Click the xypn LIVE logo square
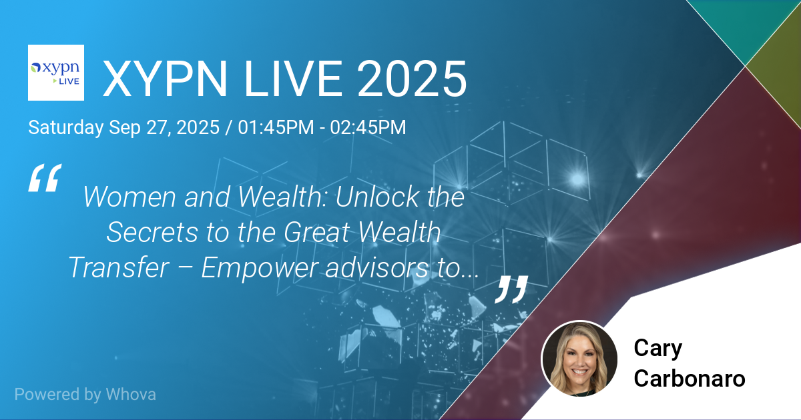point(56,73)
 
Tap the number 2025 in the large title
point(412,79)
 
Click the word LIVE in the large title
point(294,79)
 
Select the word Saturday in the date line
point(66,127)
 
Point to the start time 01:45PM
point(276,127)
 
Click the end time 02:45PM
point(368,127)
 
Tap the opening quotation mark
point(45,178)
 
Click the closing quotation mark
point(511,289)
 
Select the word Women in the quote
point(129,197)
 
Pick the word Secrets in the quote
point(152,232)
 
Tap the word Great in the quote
point(317,232)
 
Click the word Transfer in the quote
point(119,267)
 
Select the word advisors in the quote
point(376,267)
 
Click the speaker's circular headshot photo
point(579,358)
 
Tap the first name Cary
point(658,348)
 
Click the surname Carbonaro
point(690,378)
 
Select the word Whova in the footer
point(131,395)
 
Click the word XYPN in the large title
point(165,79)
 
